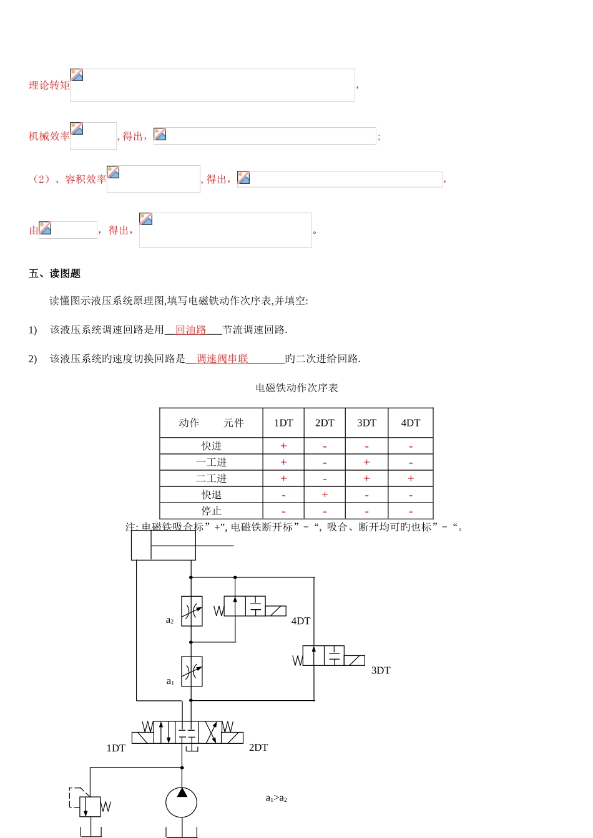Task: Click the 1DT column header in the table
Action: (283, 423)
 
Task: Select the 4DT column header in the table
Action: (410, 423)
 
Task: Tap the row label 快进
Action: (212, 446)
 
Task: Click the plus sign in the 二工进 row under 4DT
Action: (410, 478)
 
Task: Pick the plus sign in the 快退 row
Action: (325, 494)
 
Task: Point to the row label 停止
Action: (212, 511)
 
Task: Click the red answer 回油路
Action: (191, 330)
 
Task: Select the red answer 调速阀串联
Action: (222, 359)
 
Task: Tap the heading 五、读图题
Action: (54, 274)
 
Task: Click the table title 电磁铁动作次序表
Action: (296, 388)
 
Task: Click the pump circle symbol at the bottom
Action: (181, 802)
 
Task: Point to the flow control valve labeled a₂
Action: (192, 611)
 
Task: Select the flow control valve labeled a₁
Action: (192, 672)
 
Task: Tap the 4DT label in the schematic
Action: (301, 621)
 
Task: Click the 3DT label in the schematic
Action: (381, 670)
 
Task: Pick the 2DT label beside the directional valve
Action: (258, 747)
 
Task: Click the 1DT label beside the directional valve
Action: (116, 748)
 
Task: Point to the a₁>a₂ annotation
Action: (277, 798)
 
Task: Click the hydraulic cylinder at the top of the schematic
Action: (164, 546)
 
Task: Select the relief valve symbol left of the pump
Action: (90, 806)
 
